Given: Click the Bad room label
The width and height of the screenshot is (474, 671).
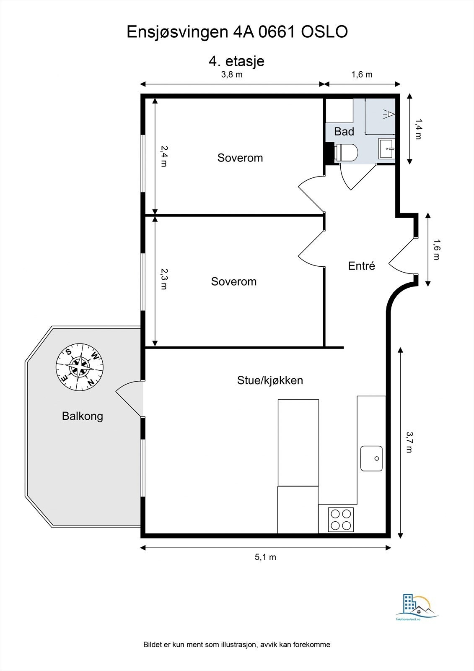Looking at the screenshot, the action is pyautogui.click(x=344, y=132).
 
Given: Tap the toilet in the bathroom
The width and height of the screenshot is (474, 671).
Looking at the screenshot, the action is pyautogui.click(x=347, y=153).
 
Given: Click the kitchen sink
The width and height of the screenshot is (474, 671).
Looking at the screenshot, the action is pyautogui.click(x=371, y=458).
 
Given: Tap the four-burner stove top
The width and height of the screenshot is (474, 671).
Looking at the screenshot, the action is pyautogui.click(x=341, y=520).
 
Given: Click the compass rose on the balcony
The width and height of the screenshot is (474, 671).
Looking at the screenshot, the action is pyautogui.click(x=80, y=367).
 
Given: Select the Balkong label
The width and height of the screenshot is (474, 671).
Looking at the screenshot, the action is pyautogui.click(x=82, y=416).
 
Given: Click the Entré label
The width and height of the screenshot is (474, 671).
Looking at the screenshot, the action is pyautogui.click(x=361, y=266).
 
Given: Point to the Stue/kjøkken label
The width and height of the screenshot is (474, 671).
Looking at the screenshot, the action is pyautogui.click(x=270, y=380).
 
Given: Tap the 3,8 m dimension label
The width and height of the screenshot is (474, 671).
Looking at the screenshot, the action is pyautogui.click(x=232, y=74).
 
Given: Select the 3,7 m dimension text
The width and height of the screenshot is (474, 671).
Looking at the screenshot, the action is pyautogui.click(x=409, y=442).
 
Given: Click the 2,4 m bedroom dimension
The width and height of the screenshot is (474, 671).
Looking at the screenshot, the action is pyautogui.click(x=164, y=156).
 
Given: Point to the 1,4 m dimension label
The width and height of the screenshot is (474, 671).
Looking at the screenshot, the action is pyautogui.click(x=418, y=129).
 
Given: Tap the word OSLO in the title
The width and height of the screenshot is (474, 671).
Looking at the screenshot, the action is pyautogui.click(x=324, y=32).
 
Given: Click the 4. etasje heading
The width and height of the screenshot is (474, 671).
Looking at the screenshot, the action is pyautogui.click(x=236, y=61).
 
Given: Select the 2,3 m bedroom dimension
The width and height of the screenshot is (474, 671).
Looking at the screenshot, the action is pyautogui.click(x=164, y=278).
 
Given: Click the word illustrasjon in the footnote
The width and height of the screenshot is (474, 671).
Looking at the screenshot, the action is pyautogui.click(x=238, y=644).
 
